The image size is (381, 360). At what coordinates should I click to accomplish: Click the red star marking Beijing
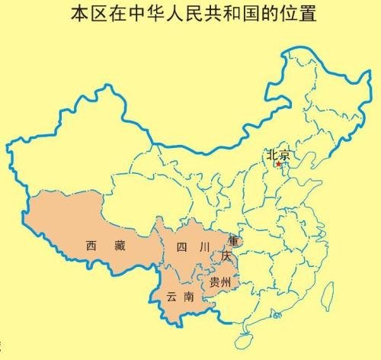point(279,164)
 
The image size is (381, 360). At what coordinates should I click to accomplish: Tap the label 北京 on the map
point(277,155)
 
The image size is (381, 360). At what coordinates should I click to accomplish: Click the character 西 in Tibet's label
point(91,246)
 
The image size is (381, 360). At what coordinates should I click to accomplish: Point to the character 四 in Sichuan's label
point(181,246)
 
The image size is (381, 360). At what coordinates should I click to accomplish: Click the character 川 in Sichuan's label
point(203,246)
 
